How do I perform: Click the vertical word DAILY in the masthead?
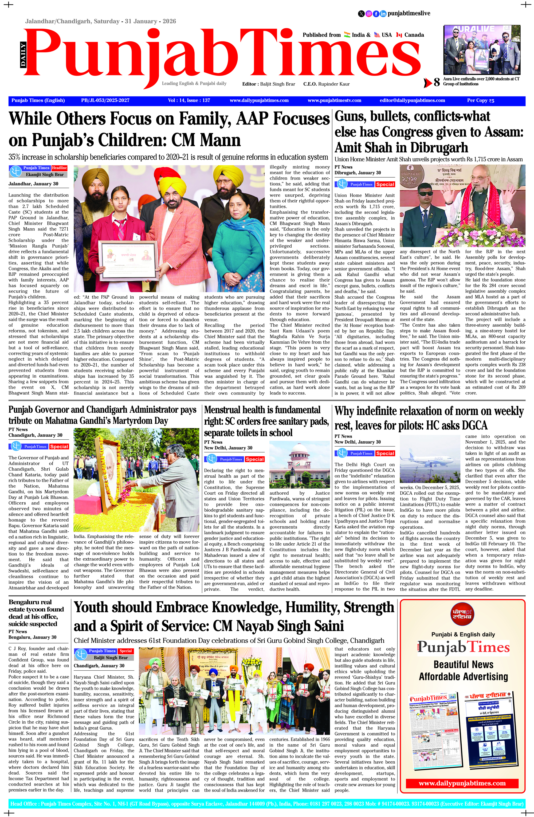coord(23,54)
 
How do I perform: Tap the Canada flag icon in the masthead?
coord(399,35)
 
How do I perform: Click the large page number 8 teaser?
coord(437,82)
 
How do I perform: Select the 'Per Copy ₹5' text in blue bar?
coord(480,101)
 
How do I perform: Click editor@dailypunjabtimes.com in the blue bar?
coord(412,101)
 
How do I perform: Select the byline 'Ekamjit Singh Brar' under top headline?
coord(45,174)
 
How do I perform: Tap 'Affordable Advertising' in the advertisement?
coord(463,676)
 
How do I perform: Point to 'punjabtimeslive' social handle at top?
coord(409,13)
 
